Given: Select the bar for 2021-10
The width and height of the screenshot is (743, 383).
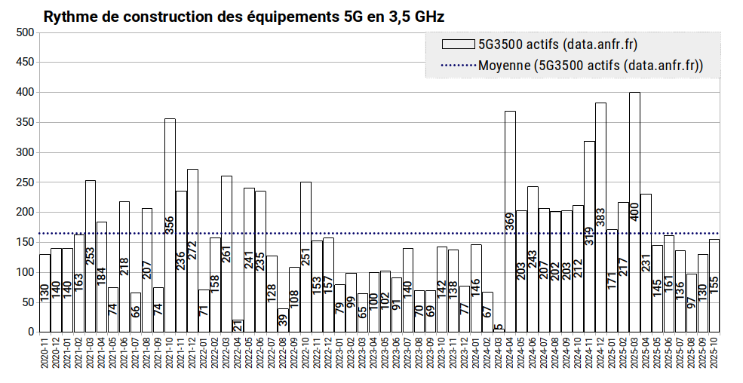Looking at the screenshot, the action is pyautogui.click(x=170, y=225).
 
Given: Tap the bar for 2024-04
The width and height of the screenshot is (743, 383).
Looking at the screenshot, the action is pyautogui.click(x=510, y=222).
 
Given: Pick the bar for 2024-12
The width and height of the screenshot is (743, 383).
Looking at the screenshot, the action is pyautogui.click(x=600, y=217).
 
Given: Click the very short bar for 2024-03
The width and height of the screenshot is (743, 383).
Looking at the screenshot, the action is pyautogui.click(x=499, y=330).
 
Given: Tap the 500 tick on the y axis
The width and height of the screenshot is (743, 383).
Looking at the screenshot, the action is pyautogui.click(x=25, y=32).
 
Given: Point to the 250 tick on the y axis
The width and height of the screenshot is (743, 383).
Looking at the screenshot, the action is pyautogui.click(x=25, y=182).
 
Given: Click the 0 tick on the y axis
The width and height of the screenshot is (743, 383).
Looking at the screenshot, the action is pyautogui.click(x=31, y=332).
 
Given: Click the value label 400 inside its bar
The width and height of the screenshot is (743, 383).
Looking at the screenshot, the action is pyautogui.click(x=634, y=211).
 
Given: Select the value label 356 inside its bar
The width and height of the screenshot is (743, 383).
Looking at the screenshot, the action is pyautogui.click(x=170, y=225).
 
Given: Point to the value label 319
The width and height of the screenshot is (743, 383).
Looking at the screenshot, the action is pyautogui.click(x=589, y=236).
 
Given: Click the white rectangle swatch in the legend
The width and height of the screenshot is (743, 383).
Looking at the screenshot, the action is pyautogui.click(x=458, y=44).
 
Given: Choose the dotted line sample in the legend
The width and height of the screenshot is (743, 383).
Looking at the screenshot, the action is pyautogui.click(x=458, y=66).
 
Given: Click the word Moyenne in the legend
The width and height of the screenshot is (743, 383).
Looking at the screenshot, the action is pyautogui.click(x=504, y=66).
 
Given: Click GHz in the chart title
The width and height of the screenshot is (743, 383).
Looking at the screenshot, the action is pyautogui.click(x=430, y=17).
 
